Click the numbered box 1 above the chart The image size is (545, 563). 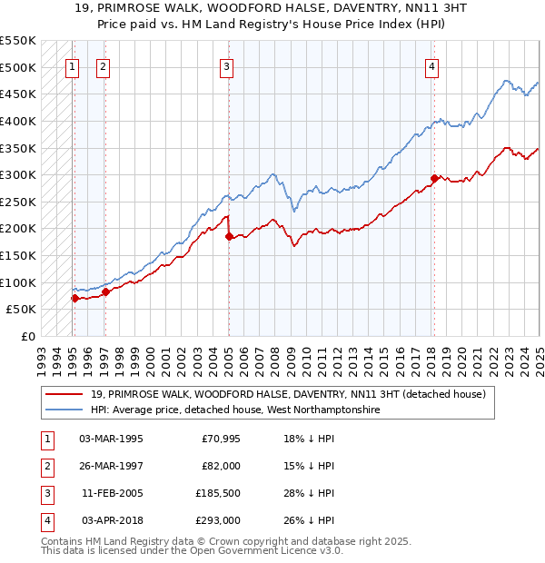(72, 65)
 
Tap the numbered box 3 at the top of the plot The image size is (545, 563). (226, 65)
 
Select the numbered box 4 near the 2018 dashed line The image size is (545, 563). (432, 65)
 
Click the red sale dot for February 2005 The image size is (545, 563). (229, 236)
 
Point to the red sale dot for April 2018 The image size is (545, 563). (434, 178)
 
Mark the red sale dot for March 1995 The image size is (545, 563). (74, 298)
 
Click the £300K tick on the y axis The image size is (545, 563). (18, 174)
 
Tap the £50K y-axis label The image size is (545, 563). (22, 310)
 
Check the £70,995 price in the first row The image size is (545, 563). (221, 439)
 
